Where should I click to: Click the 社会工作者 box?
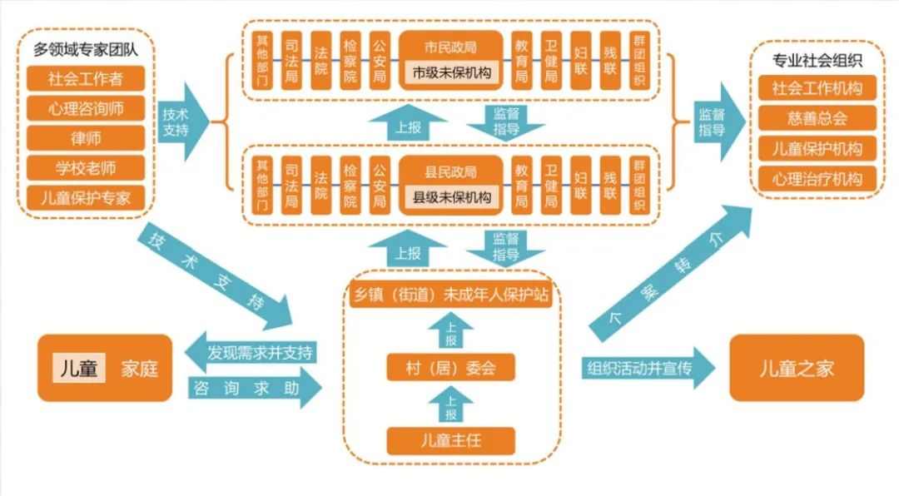point(86,78)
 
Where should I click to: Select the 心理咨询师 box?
point(86,108)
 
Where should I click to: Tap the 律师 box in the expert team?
point(86,138)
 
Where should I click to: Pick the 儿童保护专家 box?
point(86,198)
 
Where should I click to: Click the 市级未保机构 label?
point(452,73)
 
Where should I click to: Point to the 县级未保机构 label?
point(452,199)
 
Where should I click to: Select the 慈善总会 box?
point(816,117)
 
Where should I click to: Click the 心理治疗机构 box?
point(816,178)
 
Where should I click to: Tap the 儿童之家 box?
point(797,368)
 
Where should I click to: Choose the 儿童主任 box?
point(450,440)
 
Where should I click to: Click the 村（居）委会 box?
point(450,367)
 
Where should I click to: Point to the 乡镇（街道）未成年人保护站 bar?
point(450,295)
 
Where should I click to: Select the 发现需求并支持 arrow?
point(250,352)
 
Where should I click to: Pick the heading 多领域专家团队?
point(86,49)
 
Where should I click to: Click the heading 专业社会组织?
point(817,59)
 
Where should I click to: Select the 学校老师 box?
point(86,168)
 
